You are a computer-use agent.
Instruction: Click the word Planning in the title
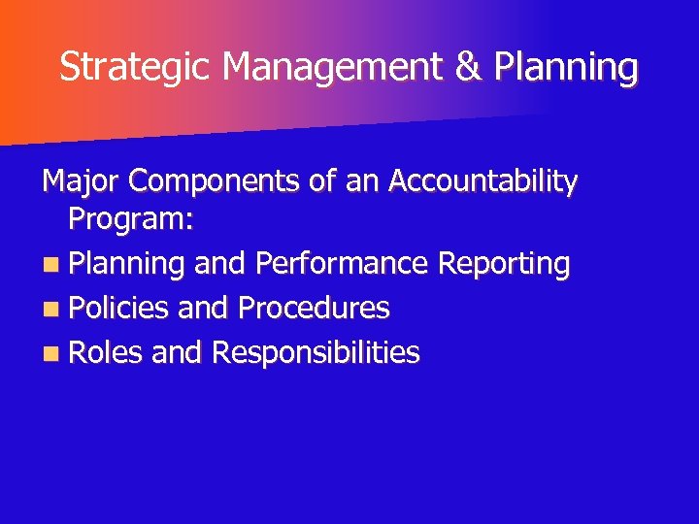pos(566,68)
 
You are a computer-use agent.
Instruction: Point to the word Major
pos(81,181)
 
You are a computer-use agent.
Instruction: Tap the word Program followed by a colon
pos(132,220)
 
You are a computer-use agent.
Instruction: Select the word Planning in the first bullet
pos(127,264)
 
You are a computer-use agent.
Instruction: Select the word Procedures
pos(313,309)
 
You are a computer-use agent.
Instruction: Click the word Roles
pos(107,353)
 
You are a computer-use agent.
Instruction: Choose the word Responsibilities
pos(315,353)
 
